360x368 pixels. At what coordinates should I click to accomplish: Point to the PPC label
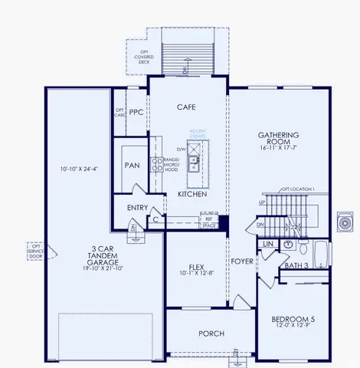pyautogui.click(x=136, y=112)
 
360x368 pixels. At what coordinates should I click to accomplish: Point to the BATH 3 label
pyautogui.click(x=295, y=265)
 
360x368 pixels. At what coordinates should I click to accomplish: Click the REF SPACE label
pyautogui.click(x=205, y=221)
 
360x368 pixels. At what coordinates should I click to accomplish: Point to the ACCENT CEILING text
pyautogui.click(x=198, y=133)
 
